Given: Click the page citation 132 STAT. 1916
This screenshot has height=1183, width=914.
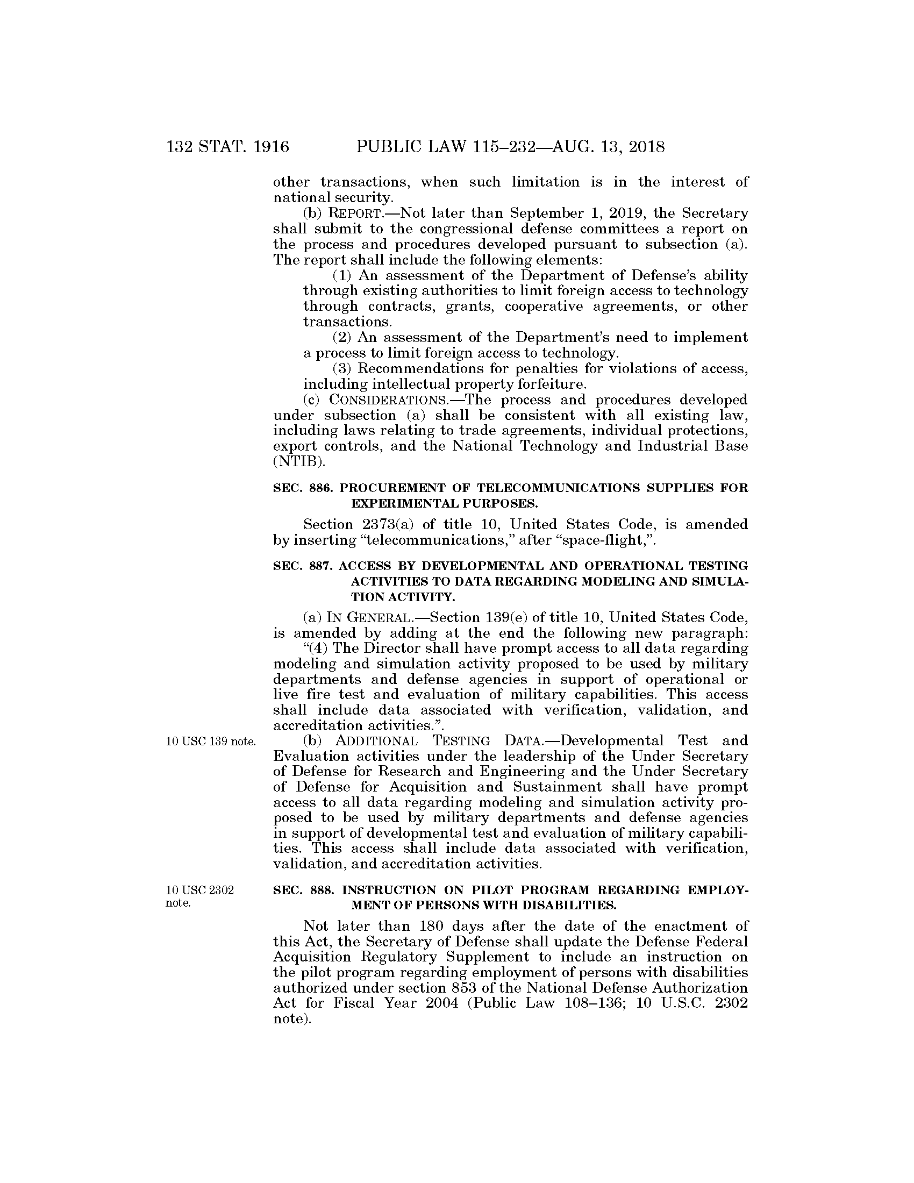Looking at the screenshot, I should [228, 147].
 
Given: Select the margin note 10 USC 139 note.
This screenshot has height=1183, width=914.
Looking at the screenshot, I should [211, 742].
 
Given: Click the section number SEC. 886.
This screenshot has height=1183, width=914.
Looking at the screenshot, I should [303, 488].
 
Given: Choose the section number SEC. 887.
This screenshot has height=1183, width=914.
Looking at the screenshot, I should [303, 566].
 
